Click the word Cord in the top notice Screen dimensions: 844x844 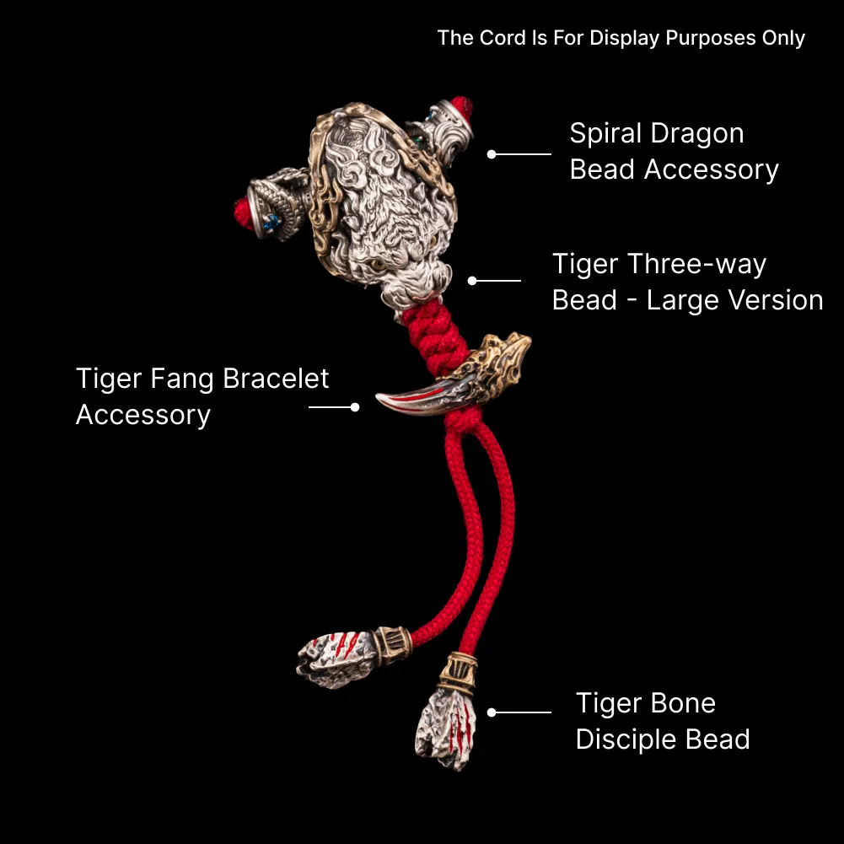[503, 38]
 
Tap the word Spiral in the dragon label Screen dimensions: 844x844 [606, 133]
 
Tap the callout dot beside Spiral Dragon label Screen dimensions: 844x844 [492, 154]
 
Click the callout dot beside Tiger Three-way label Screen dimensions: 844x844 [472, 281]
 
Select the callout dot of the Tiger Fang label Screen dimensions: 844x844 [355, 407]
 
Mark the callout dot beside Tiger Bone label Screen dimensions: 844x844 [492, 712]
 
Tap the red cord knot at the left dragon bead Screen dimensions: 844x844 [244, 212]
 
